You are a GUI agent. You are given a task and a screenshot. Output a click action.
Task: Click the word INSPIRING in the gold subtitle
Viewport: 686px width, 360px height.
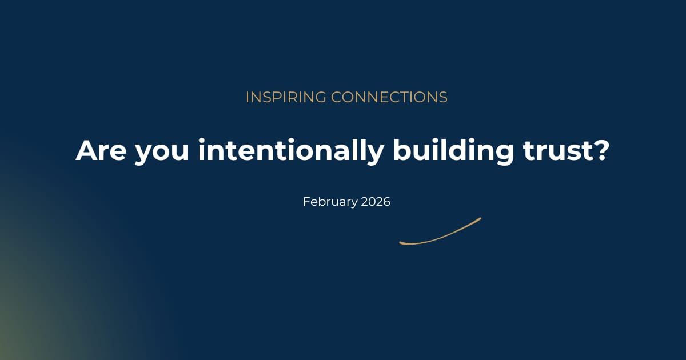[286, 98]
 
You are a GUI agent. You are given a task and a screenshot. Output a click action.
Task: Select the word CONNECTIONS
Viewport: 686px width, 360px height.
[389, 98]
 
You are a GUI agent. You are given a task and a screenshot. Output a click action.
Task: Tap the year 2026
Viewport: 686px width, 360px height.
[376, 202]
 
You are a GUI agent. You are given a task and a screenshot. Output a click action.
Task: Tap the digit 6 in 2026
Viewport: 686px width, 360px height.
[386, 202]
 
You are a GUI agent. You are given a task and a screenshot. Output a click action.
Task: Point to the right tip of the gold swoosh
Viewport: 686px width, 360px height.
[480, 218]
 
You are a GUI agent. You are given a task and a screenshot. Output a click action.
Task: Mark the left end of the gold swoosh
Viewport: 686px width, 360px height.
[400, 243]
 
